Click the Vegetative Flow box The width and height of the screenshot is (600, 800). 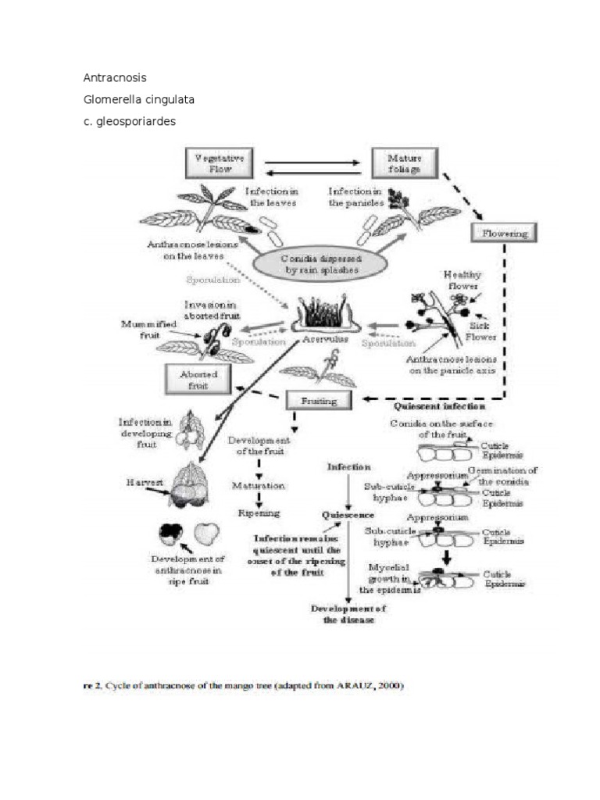[221, 163]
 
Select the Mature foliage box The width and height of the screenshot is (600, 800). [404, 163]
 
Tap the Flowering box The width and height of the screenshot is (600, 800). [504, 232]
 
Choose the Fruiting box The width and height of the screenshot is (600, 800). [318, 400]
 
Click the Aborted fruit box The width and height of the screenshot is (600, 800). [198, 380]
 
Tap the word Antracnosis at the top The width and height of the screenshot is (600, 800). [114, 78]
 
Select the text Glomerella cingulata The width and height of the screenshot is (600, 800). [138, 100]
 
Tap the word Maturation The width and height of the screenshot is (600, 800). [258, 485]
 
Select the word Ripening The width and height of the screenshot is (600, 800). [259, 513]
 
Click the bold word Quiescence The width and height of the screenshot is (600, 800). [348, 515]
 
